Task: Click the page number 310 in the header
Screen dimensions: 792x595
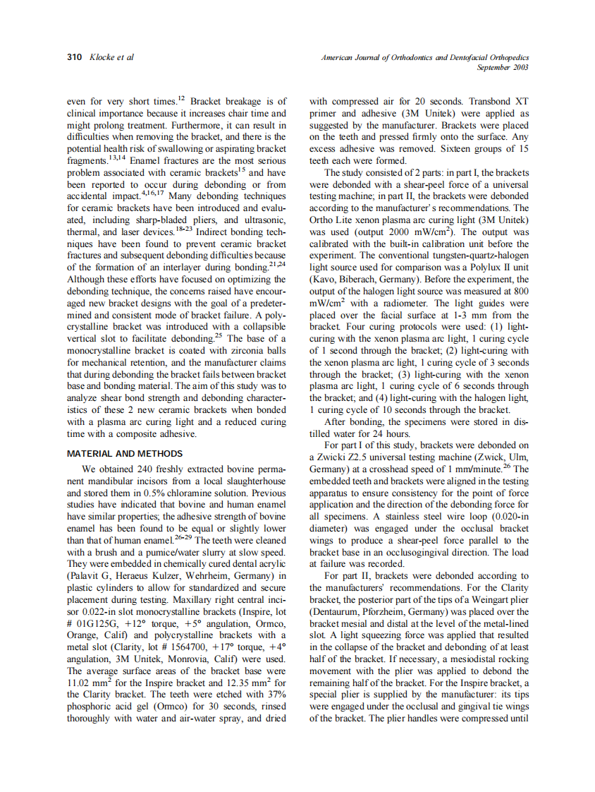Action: (75, 56)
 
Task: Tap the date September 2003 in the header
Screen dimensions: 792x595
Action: (503, 67)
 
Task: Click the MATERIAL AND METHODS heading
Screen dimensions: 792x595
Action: (124, 454)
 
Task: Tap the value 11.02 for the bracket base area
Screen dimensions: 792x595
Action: (80, 683)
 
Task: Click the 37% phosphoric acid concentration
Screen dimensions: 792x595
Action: (276, 694)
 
